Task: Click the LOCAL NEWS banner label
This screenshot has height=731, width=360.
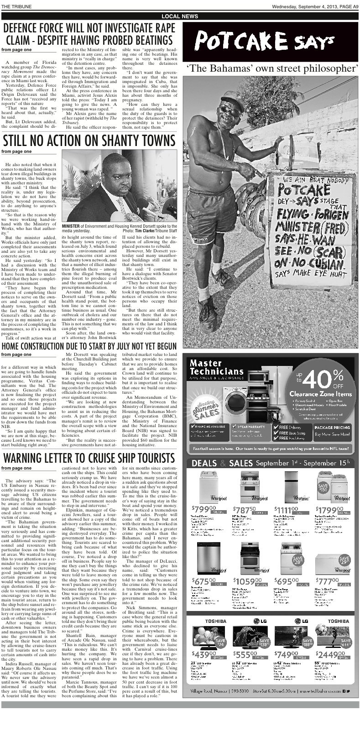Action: tap(180, 16)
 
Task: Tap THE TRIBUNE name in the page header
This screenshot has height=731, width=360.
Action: tap(16, 6)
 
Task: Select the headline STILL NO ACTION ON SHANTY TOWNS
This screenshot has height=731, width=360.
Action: tap(89, 140)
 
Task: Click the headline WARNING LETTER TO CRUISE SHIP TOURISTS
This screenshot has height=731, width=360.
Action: tap(89, 457)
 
